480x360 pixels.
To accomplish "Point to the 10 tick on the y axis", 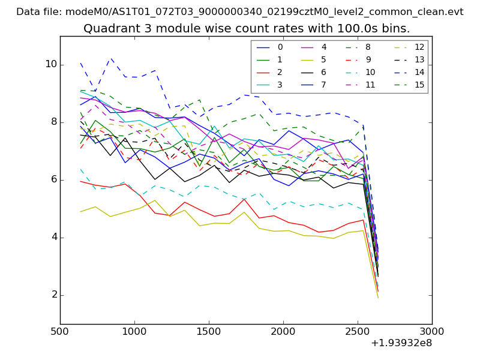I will coord(50,64).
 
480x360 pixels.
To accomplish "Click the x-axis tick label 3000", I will coord(432,332).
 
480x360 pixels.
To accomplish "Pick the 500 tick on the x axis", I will coord(60,332).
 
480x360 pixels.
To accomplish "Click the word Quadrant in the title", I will coord(108,29).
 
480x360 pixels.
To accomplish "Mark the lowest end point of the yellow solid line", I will coord(378,298).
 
